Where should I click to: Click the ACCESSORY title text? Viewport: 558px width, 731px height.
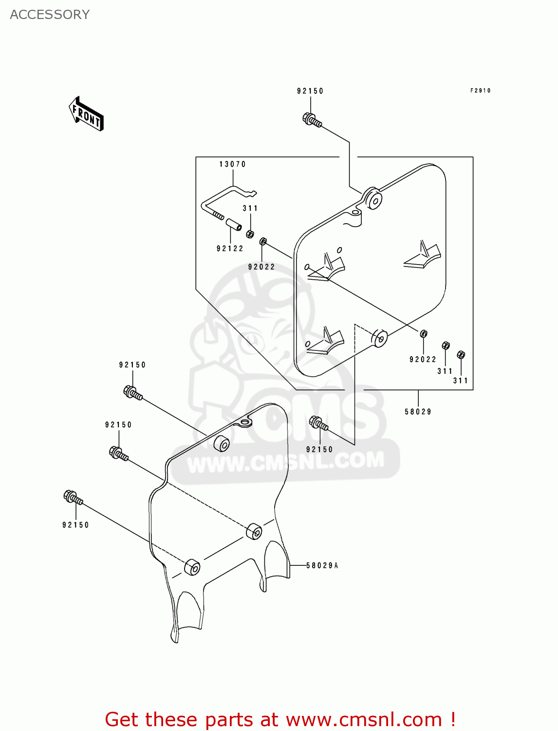[x=50, y=15]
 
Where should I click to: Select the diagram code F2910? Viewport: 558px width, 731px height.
[x=480, y=91]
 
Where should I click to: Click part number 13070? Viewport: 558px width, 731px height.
[x=232, y=164]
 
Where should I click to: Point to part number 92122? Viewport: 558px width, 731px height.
[x=230, y=249]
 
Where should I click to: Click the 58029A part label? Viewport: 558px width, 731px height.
[x=322, y=565]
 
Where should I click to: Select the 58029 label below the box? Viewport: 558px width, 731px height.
[x=418, y=412]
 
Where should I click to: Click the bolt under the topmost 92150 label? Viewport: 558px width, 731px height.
[x=312, y=120]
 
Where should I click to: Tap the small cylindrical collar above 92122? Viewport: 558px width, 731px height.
[x=233, y=227]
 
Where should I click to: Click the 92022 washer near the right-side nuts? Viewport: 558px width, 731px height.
[x=424, y=334]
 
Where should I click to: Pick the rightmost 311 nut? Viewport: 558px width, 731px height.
[x=461, y=355]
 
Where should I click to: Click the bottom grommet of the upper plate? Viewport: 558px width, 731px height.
[x=379, y=338]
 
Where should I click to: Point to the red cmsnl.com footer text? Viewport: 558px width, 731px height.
[x=280, y=719]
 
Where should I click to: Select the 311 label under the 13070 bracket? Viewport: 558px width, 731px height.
[x=250, y=208]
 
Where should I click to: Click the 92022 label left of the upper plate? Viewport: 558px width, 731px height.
[x=261, y=267]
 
